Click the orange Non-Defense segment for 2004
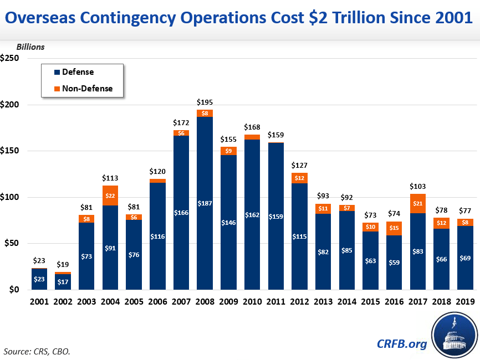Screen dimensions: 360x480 tap(110, 196)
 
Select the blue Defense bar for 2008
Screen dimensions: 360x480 tap(205, 222)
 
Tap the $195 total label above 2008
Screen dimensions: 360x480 tap(205, 102)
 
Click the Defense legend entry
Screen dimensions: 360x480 tap(78, 72)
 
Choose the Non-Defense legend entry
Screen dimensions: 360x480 tap(86, 88)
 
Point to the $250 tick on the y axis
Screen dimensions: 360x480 tap(11, 59)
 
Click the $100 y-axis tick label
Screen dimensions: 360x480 tap(11, 197)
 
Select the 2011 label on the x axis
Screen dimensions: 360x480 tap(275, 302)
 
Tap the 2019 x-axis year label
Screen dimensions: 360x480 tap(465, 302)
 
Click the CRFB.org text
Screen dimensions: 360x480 tap(402, 344)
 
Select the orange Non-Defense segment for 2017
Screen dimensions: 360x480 tap(418, 203)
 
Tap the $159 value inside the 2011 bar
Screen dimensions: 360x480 tap(275, 217)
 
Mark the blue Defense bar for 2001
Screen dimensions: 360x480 tap(39, 280)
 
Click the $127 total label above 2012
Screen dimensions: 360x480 tap(299, 165)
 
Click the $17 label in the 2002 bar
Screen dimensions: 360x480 tap(63, 282)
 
